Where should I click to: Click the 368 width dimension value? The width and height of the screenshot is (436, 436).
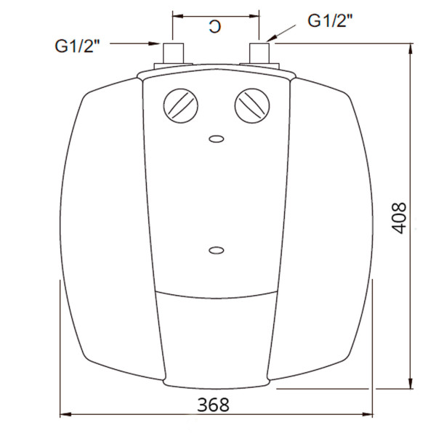[x=213, y=403]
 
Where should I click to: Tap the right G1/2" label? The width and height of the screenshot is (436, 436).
[x=331, y=20]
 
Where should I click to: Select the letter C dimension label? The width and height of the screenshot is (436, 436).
[x=214, y=27]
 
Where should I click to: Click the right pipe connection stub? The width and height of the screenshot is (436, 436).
[x=259, y=54]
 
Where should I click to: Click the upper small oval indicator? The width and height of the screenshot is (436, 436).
[x=216, y=138]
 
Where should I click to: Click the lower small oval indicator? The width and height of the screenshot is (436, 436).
[x=216, y=251]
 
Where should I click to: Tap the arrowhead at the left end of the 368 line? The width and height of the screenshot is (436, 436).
[x=64, y=416]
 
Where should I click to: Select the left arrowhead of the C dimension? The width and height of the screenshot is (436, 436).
[x=176, y=14]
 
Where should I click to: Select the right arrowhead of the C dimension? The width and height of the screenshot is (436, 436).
[x=255, y=14]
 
